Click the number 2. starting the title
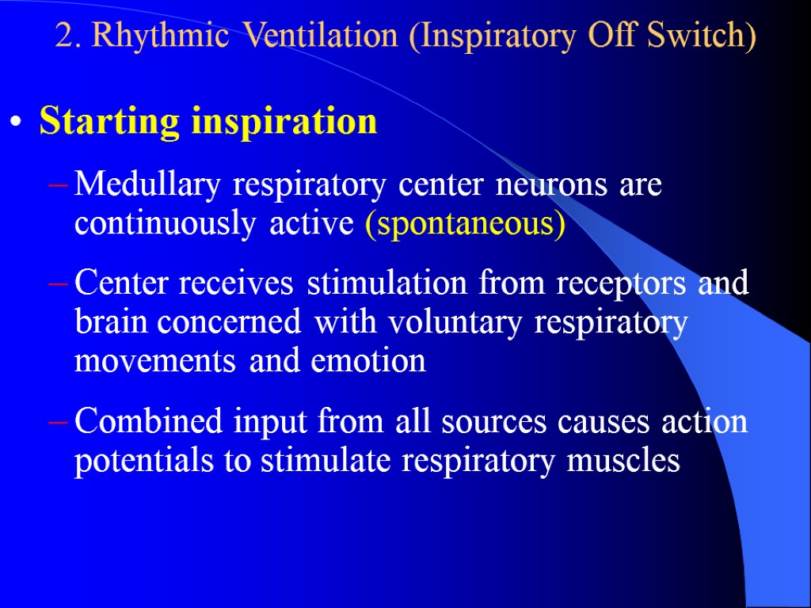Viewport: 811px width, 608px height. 70,36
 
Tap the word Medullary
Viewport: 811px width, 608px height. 150,186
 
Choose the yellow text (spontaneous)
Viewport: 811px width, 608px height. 465,224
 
